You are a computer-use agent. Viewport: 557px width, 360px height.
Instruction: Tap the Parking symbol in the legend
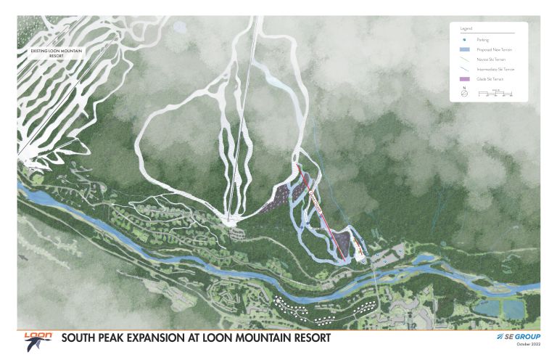pyautogui.click(x=463, y=40)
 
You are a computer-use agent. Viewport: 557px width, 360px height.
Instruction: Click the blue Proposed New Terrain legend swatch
pyautogui.click(x=463, y=49)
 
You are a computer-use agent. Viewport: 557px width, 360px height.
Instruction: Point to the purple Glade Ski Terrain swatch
pyautogui.click(x=463, y=78)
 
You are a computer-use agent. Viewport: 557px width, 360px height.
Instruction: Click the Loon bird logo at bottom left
pyautogui.click(x=36, y=339)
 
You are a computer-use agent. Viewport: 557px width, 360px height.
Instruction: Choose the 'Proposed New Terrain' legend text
pyautogui.click(x=491, y=49)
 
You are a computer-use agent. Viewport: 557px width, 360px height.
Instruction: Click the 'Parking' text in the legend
pyautogui.click(x=481, y=40)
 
